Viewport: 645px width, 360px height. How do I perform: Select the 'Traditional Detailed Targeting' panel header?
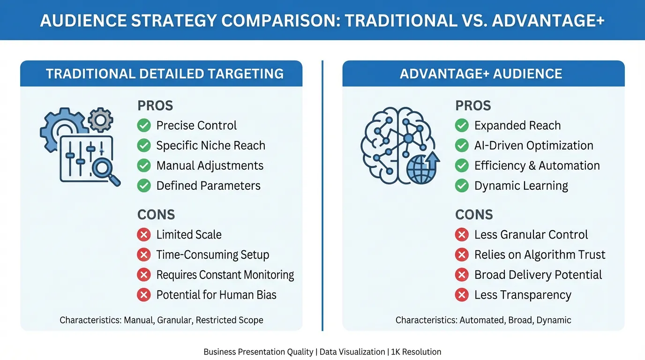tap(165, 74)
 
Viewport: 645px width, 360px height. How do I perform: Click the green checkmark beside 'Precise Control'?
tap(144, 126)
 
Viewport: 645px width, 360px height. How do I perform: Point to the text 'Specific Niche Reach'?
tap(210, 146)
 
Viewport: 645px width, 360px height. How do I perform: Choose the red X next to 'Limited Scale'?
tap(144, 235)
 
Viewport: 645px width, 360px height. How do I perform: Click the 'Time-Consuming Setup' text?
tap(212, 255)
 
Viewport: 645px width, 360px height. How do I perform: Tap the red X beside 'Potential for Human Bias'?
tap(144, 295)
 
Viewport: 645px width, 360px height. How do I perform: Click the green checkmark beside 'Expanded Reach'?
tap(462, 126)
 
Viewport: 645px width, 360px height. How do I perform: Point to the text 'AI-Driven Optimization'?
tap(533, 146)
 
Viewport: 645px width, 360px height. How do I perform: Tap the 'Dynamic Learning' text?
tap(521, 186)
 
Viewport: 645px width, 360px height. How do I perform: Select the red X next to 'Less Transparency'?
tap(462, 295)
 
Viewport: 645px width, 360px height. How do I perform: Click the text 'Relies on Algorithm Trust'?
tap(540, 255)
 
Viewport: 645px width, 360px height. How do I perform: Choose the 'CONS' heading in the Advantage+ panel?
tap(474, 215)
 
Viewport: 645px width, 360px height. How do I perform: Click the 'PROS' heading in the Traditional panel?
tap(155, 106)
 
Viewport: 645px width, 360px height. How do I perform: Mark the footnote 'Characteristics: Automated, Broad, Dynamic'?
tap(483, 320)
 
